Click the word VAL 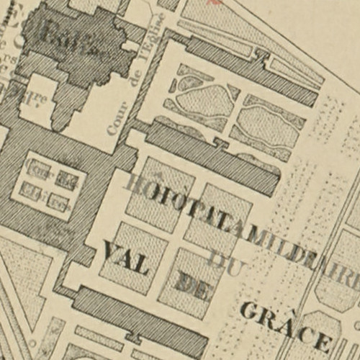pyautogui.click(x=127, y=258)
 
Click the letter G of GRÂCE pyautogui.click(x=249, y=311)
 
